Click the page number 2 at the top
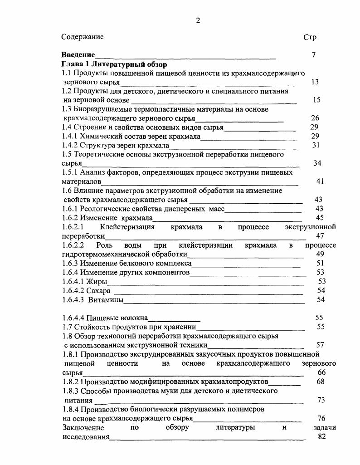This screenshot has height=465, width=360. pos(198,20)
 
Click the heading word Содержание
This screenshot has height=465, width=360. pos(83,37)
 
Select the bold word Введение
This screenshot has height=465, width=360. pos(78,55)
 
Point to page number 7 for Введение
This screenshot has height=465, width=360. pos(314,55)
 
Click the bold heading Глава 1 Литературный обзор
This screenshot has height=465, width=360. pos(114,64)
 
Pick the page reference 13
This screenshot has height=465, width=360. pos(315,82)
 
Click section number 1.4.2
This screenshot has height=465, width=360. pos(70,145)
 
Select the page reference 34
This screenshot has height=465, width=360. pos(317,163)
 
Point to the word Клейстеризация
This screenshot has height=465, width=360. pos(127,227)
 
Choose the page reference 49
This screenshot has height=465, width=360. pos(320,254)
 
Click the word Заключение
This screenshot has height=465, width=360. pos(83,427)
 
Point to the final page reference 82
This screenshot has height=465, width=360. pos(322,436)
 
